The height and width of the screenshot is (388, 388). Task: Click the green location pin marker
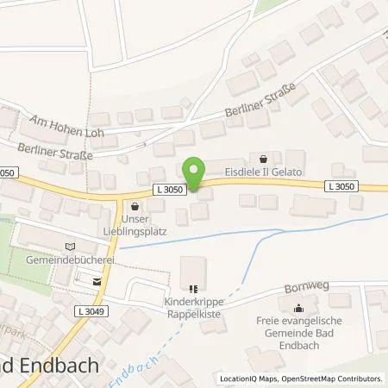196,175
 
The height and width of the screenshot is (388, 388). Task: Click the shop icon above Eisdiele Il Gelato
264,158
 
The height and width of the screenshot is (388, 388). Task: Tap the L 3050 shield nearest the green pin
170,188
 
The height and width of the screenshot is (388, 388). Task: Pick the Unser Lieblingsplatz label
136,226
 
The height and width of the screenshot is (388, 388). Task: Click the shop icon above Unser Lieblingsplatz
135,207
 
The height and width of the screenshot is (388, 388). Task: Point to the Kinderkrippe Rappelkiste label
196,308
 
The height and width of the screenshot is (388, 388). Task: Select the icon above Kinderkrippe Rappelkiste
196,290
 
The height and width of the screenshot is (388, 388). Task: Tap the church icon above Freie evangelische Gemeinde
299,310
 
